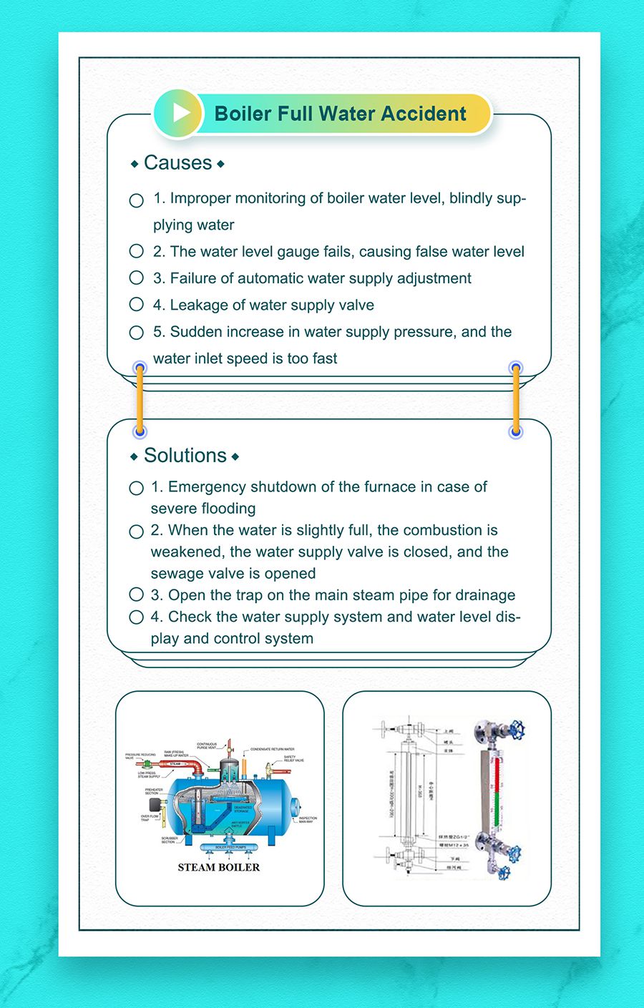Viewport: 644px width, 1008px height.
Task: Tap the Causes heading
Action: pos(178,163)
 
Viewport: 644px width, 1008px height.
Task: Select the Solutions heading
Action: pos(185,456)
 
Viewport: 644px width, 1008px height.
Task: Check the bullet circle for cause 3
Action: pos(137,278)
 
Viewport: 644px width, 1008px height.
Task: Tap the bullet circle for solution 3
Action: pos(137,594)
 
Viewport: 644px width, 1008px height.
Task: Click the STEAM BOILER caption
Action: pos(219,867)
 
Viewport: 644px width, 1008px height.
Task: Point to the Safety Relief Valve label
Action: pos(293,758)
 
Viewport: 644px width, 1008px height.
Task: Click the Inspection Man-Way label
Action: pos(307,820)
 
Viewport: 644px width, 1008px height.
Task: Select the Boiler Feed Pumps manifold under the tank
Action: pos(230,848)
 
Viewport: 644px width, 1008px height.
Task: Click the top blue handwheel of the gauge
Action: pos(518,730)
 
